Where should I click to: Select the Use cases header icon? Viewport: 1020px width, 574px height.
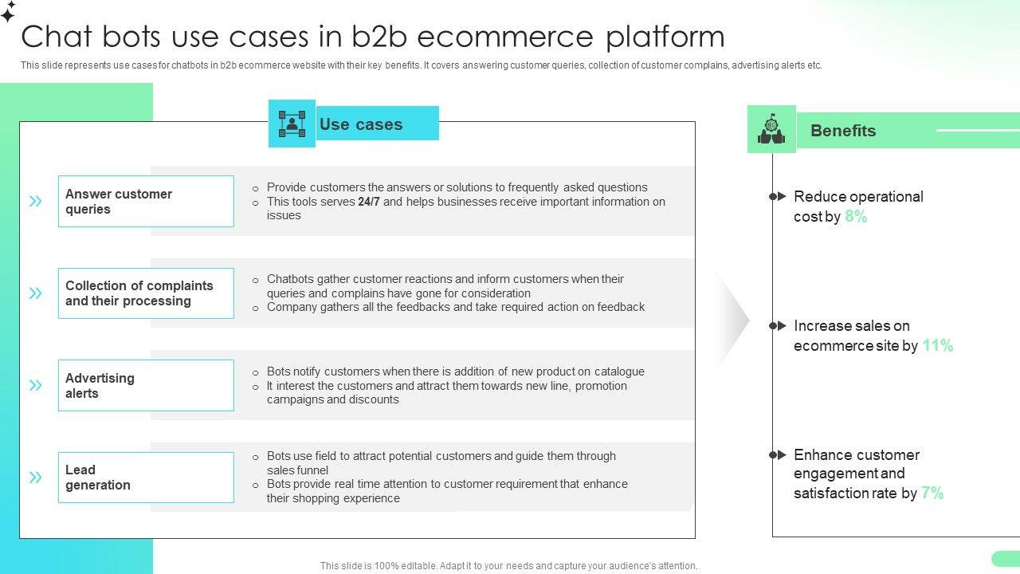tap(292, 124)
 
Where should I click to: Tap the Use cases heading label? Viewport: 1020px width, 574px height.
tap(361, 124)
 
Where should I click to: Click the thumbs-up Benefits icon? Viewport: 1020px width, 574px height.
tap(771, 129)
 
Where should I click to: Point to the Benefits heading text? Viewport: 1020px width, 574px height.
tap(842, 131)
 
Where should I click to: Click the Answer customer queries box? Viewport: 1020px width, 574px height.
tap(146, 202)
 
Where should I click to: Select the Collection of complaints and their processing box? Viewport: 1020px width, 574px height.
tap(146, 293)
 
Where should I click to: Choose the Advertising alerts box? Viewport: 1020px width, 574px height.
tap(146, 386)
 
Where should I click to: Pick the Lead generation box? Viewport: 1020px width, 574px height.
tap(146, 478)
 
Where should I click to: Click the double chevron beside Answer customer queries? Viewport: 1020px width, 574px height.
tap(36, 202)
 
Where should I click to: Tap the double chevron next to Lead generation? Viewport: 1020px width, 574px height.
tap(36, 478)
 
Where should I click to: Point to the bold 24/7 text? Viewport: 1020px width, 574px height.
tap(369, 202)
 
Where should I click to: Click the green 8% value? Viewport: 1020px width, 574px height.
tap(856, 217)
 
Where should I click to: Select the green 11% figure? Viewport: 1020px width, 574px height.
tap(938, 346)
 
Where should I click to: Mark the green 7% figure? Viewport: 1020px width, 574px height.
tap(932, 493)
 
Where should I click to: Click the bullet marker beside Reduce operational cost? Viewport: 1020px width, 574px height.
tap(778, 196)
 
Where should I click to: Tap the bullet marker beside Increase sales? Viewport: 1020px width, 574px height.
tap(778, 325)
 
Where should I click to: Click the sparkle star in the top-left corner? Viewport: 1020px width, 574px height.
tap(8, 11)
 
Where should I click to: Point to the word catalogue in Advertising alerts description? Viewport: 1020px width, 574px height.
tap(618, 372)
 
